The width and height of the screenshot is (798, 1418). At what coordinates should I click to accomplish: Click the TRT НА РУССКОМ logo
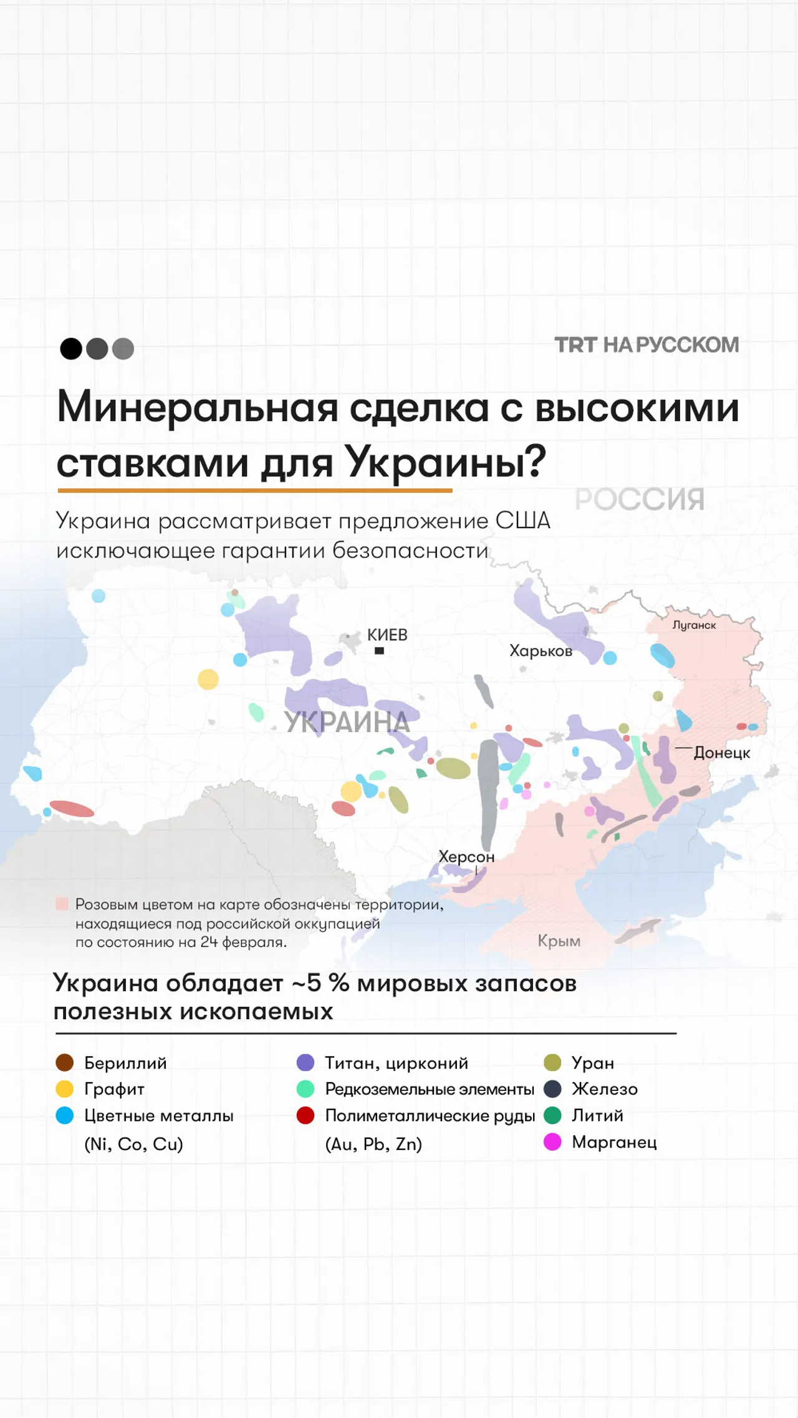[x=647, y=345]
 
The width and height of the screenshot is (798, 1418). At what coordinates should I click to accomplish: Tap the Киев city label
[x=387, y=635]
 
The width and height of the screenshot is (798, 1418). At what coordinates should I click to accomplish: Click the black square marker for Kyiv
[x=379, y=651]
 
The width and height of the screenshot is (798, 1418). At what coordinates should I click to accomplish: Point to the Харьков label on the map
[x=541, y=651]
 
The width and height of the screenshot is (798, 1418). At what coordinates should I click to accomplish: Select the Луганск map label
[x=694, y=625]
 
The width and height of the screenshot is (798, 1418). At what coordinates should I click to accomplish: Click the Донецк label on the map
[x=722, y=753]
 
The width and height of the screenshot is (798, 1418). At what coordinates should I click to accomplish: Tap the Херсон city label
[x=466, y=857]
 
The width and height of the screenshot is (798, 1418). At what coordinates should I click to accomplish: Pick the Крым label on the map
[x=559, y=941]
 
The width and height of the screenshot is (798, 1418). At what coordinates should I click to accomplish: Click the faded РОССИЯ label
[x=640, y=499]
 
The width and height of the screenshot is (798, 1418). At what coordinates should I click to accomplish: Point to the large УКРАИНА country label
[x=347, y=723]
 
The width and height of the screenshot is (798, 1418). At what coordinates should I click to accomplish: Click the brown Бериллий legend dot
[x=65, y=1062]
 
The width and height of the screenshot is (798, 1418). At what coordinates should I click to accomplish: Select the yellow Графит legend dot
[x=65, y=1088]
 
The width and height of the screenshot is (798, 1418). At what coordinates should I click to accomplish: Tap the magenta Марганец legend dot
[x=552, y=1141]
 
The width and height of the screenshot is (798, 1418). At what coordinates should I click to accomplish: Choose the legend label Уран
[x=593, y=1062]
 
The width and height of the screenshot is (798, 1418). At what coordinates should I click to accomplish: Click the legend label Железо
[x=605, y=1088]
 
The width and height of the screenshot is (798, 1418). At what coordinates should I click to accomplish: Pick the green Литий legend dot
[x=552, y=1115]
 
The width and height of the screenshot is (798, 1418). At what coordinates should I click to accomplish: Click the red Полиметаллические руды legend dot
[x=305, y=1115]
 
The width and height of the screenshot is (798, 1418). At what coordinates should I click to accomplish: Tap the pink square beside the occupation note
[x=62, y=903]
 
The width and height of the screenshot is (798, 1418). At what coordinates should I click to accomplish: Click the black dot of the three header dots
[x=71, y=348]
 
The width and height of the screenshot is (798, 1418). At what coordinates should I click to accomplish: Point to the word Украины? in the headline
[x=446, y=462]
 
